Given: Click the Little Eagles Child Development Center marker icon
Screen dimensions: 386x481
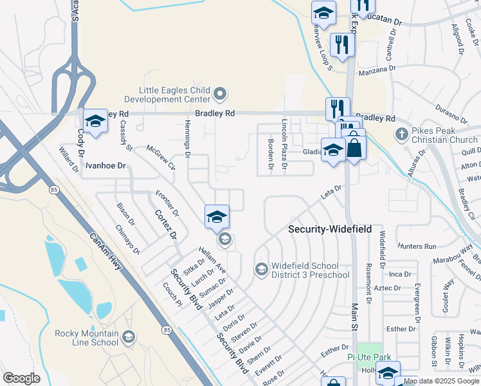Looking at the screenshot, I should (x=221, y=95).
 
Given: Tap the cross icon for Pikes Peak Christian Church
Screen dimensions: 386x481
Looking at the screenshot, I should (x=402, y=134).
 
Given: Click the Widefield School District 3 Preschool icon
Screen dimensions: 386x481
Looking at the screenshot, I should (x=261, y=269).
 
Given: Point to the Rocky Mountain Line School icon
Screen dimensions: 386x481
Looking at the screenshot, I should (x=129, y=337).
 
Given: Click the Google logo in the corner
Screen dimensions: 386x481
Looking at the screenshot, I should (x=21, y=378).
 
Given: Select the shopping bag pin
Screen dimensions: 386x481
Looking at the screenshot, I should (x=354, y=147).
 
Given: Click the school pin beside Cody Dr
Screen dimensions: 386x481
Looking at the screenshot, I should (x=95, y=121).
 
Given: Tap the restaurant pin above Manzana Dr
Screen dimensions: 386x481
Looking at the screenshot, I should (x=340, y=45).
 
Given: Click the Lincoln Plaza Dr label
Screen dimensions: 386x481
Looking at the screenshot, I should (x=284, y=140).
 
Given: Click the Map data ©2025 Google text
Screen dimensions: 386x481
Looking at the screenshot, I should (x=442, y=381).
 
